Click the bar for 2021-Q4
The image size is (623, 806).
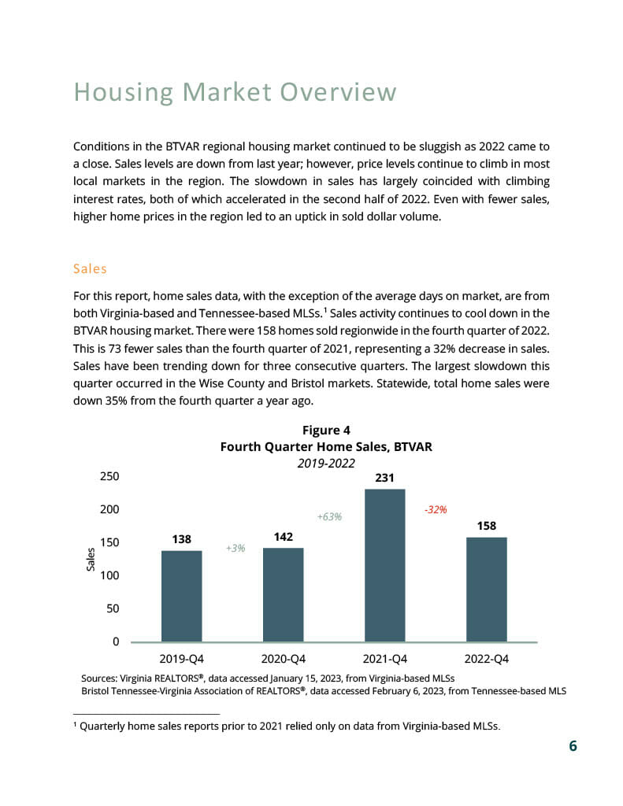pyautogui.click(x=385, y=565)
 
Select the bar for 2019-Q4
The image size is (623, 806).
pyautogui.click(x=182, y=596)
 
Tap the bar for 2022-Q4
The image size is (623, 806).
pyautogui.click(x=487, y=589)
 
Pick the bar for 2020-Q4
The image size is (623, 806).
pyautogui.click(x=284, y=594)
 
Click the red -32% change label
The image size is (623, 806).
pyautogui.click(x=436, y=509)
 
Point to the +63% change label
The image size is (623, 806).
pyautogui.click(x=329, y=516)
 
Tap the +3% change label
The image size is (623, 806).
pyautogui.click(x=235, y=548)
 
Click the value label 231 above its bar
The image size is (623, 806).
pyautogui.click(x=385, y=478)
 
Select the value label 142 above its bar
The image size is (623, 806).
pyautogui.click(x=284, y=537)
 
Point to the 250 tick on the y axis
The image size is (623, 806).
pyautogui.click(x=109, y=476)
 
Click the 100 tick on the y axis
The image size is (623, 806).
pyautogui.click(x=109, y=575)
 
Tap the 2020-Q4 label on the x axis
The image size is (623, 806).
pyautogui.click(x=284, y=659)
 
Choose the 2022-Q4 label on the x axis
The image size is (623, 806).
pyautogui.click(x=487, y=659)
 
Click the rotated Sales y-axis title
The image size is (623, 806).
pyautogui.click(x=91, y=560)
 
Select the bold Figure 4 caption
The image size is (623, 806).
pyautogui.click(x=326, y=431)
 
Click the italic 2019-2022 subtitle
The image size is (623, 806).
pyautogui.click(x=326, y=463)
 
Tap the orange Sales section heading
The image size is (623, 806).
pyautogui.click(x=90, y=269)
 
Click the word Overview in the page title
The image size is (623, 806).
pyautogui.click(x=339, y=93)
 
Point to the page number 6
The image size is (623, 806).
pyautogui.click(x=573, y=746)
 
